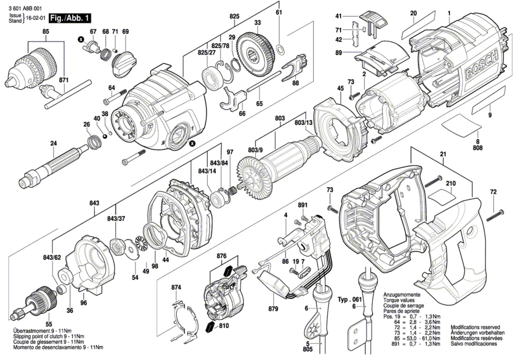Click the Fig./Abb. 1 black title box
pos(70,18)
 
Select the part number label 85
pos(46,31)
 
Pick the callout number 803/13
pos(303,123)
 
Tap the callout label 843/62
pos(52,257)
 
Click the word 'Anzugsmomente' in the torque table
pos(402,295)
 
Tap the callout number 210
pos(451,184)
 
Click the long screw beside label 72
pos(496,216)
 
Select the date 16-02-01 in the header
pos(36,18)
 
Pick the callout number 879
pos(273,309)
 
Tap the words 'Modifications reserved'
pos(475,327)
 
